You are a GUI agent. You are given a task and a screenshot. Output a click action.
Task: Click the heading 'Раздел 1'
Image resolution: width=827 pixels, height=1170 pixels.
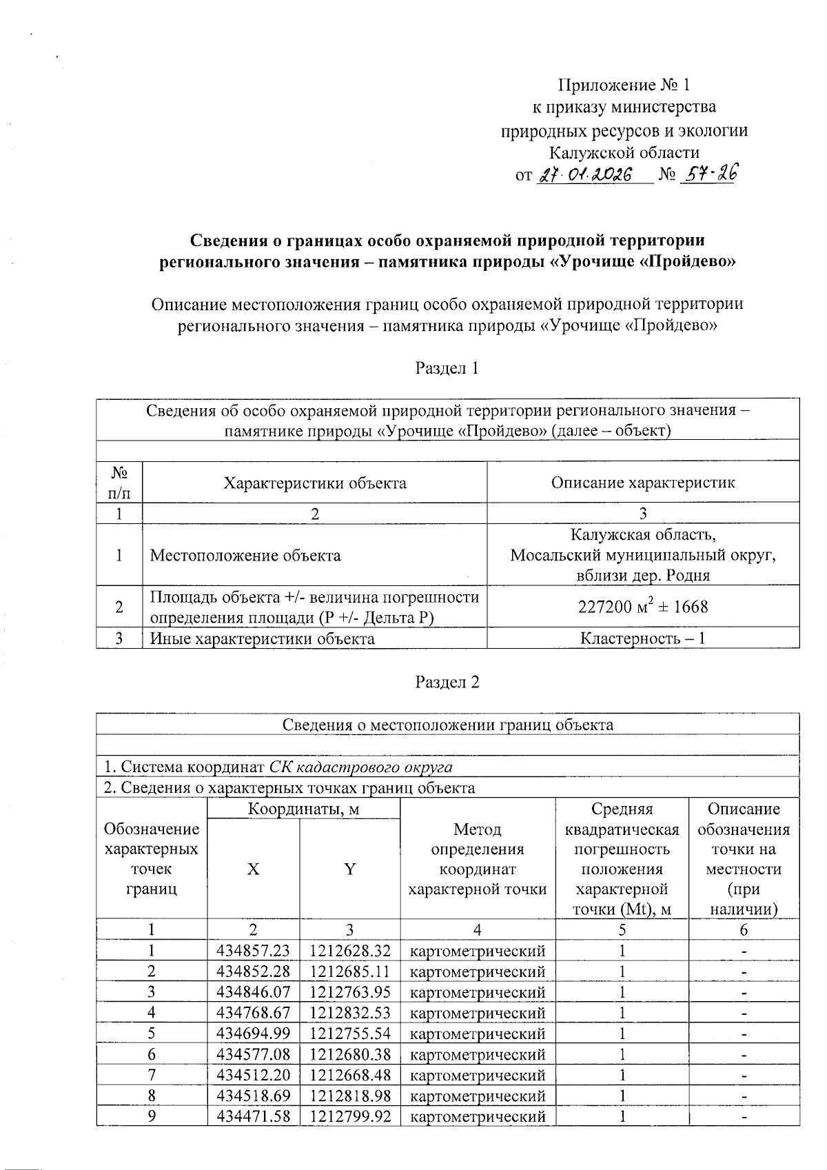point(447,368)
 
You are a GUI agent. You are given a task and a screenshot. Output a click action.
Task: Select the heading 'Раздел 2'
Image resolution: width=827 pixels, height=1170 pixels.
point(447,682)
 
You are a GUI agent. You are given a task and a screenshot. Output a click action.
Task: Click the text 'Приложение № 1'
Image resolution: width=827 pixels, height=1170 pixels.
point(624,85)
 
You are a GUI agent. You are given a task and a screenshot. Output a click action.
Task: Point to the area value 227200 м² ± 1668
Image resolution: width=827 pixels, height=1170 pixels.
point(642,607)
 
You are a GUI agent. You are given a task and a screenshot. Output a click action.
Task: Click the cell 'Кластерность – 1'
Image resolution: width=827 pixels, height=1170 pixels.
point(642,638)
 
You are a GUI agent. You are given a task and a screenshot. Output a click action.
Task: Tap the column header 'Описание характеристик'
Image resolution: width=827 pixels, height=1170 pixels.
point(642,483)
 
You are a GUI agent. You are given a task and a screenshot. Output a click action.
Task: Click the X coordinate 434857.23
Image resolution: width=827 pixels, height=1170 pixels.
point(253,951)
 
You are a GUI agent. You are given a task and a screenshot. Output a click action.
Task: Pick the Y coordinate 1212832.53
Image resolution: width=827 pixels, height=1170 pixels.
point(350,1013)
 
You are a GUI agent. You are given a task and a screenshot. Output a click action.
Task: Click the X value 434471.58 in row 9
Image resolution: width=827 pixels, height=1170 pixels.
point(253,1116)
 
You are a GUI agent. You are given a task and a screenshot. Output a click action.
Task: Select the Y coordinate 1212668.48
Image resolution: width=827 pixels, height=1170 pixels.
point(350,1075)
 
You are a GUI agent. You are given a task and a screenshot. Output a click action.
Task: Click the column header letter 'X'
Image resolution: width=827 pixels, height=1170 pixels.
point(254,869)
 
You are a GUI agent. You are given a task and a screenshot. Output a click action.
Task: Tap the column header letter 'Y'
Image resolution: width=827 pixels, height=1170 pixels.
point(350,869)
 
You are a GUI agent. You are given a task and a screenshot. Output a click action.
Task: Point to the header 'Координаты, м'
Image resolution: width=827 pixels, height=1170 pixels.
point(303,809)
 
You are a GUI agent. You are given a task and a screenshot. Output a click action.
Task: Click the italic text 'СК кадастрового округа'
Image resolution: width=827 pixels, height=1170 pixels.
point(360,767)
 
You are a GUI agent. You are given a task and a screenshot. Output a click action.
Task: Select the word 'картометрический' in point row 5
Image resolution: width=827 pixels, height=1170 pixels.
point(477,1034)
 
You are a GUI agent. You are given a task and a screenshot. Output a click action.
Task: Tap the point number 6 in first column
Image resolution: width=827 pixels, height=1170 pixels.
point(152,1055)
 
